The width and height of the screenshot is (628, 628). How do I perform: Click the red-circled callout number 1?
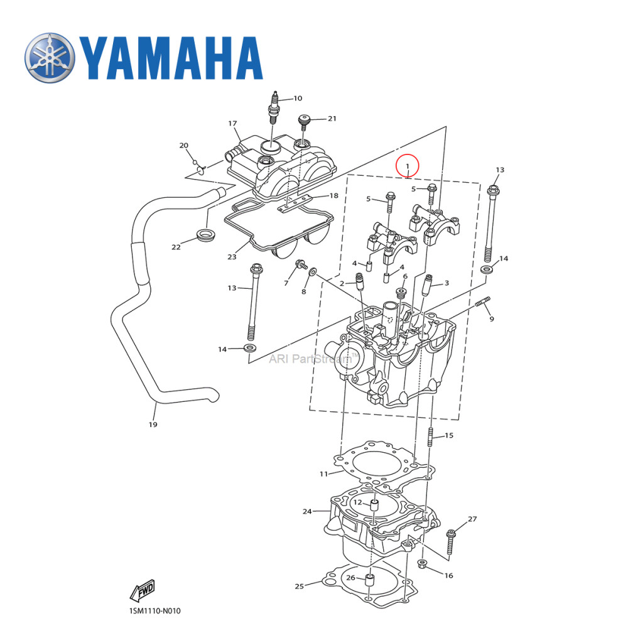pyautogui.click(x=408, y=166)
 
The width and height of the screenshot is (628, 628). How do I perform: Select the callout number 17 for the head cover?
pyautogui.click(x=232, y=124)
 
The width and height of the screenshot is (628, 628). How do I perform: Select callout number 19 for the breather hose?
pyautogui.click(x=153, y=425)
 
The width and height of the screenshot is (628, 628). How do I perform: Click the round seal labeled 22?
pyautogui.click(x=205, y=236)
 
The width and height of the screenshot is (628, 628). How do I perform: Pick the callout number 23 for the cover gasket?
pyautogui.click(x=232, y=257)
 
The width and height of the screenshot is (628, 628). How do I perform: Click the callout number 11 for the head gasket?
pyautogui.click(x=323, y=474)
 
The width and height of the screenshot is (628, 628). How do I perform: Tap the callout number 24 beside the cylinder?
pyautogui.click(x=307, y=512)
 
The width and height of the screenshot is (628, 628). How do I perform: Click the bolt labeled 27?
pyautogui.click(x=452, y=541)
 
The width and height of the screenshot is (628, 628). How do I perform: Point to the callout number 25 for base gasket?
pyautogui.click(x=300, y=587)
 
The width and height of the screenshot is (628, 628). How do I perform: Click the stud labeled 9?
pyautogui.click(x=485, y=305)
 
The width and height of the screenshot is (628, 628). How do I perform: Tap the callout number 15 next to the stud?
pyautogui.click(x=449, y=435)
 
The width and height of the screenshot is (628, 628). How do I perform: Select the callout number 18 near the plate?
pyautogui.click(x=334, y=196)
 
